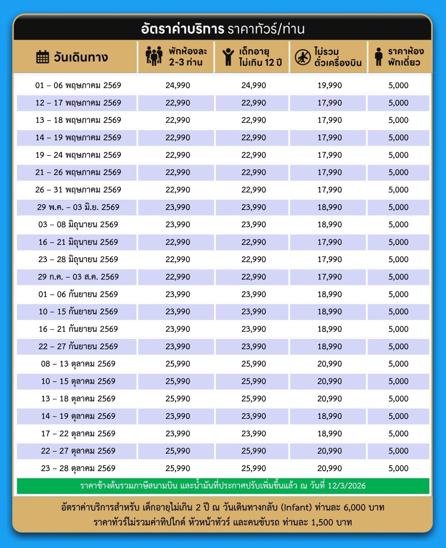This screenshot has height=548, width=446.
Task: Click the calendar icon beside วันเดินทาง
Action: click(42, 56)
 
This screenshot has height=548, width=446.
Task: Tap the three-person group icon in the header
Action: click(154, 56)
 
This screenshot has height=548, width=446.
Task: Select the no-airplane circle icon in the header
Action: click(302, 57)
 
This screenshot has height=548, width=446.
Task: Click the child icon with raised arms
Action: click(228, 57)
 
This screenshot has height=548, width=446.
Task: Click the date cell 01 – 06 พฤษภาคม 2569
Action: click(78, 85)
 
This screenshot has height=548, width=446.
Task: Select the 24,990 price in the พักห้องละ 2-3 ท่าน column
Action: click(177, 85)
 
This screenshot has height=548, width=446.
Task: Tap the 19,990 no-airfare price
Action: click(329, 85)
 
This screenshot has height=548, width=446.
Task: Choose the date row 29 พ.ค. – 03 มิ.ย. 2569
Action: click(78, 207)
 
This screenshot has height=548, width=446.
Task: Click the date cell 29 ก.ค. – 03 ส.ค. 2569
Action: click(78, 277)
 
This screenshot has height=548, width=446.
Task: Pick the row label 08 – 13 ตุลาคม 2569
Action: click(78, 364)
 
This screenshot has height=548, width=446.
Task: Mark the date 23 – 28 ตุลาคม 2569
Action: click(78, 468)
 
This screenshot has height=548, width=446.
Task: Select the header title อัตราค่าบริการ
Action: click(182, 29)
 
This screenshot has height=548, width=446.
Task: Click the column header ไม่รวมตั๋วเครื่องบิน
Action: click(337, 57)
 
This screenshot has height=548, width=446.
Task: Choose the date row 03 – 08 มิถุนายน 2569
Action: click(78, 224)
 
